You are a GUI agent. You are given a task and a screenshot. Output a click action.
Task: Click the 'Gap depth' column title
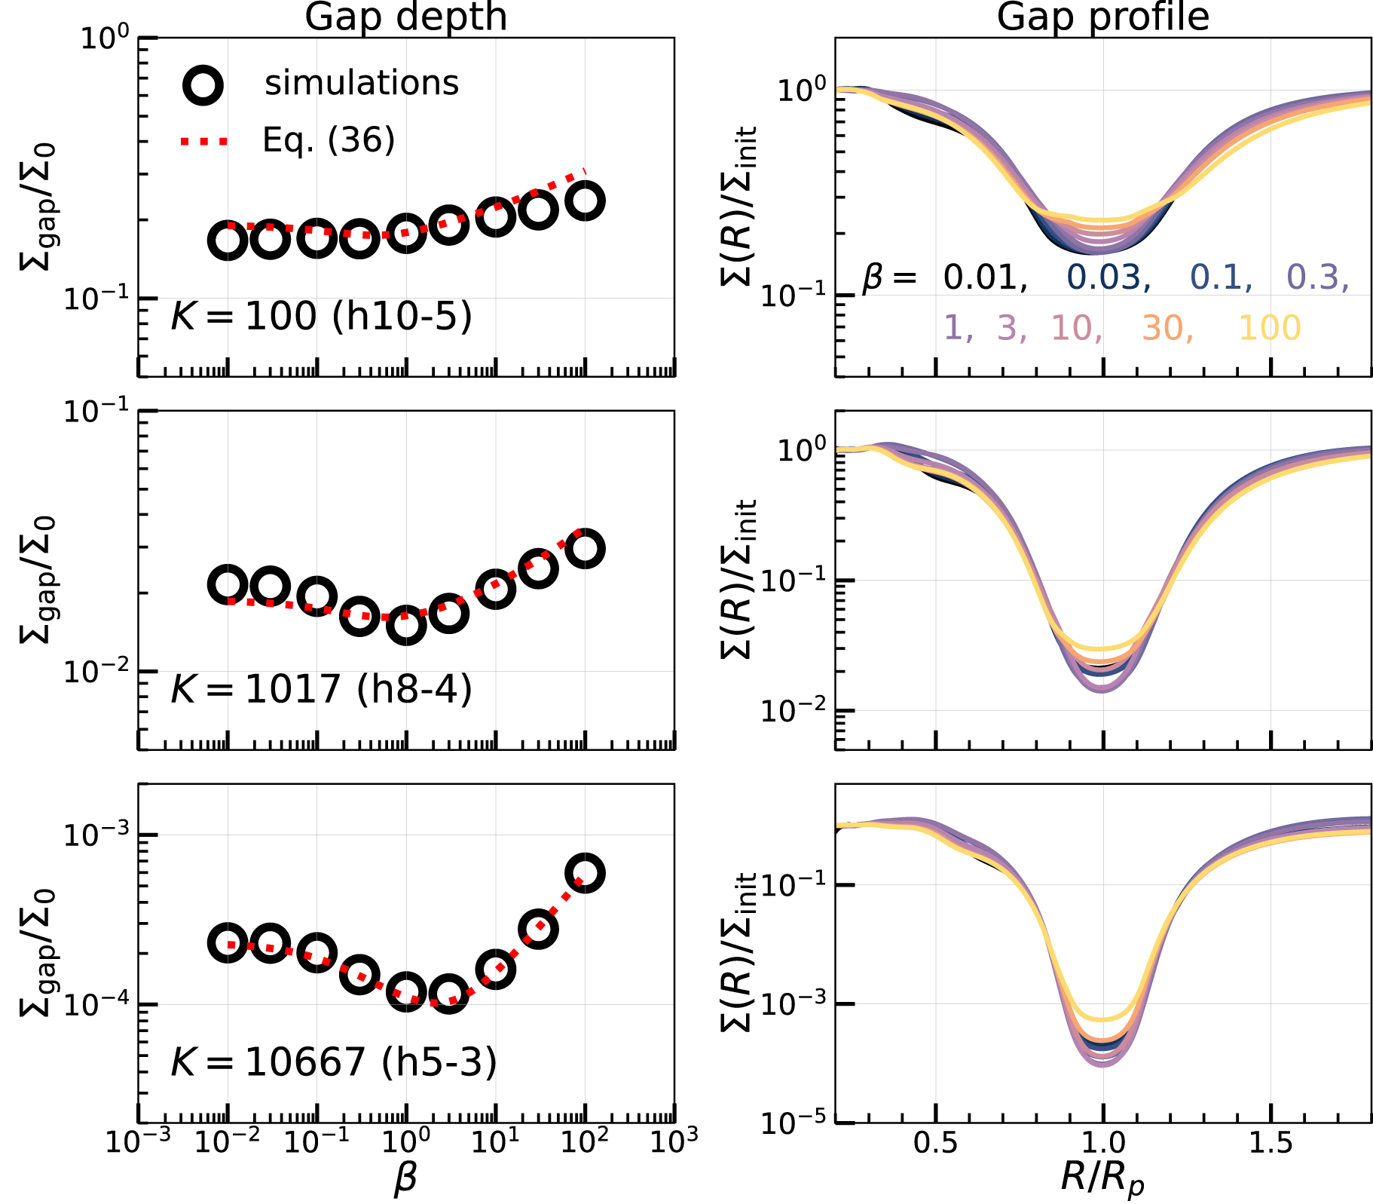(x=405, y=17)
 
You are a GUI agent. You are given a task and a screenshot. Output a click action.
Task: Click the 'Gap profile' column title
(x=1102, y=17)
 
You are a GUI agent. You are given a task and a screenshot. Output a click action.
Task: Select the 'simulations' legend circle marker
(x=203, y=85)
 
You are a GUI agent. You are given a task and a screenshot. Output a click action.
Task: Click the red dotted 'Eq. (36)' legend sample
(x=203, y=141)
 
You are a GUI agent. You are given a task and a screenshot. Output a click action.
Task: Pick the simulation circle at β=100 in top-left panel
(x=585, y=201)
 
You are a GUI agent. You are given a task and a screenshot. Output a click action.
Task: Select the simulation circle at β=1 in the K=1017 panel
(x=406, y=625)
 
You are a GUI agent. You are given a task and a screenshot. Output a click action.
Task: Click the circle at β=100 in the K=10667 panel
(x=585, y=874)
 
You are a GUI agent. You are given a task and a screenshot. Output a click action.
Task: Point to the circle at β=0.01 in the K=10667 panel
(x=228, y=942)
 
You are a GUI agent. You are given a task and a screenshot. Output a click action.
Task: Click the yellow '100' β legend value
(x=1270, y=328)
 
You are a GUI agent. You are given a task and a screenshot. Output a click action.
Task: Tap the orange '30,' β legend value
(x=1167, y=328)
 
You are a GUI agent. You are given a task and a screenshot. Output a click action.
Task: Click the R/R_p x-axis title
(x=1102, y=1178)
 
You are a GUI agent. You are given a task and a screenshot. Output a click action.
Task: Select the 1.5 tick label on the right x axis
(x=1271, y=1144)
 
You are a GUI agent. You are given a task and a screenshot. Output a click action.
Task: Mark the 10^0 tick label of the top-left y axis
(x=105, y=38)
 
